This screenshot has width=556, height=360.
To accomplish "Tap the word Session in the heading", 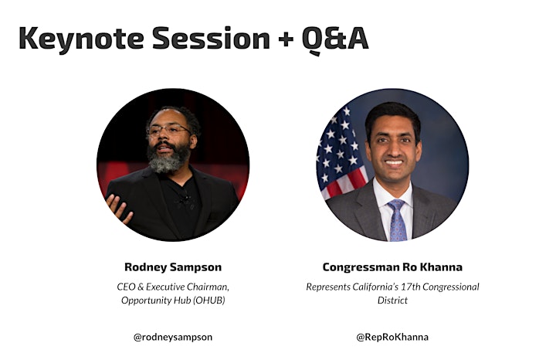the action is [212, 38].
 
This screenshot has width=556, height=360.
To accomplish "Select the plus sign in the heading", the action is [286, 39].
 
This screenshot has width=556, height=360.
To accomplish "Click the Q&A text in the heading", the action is [335, 39].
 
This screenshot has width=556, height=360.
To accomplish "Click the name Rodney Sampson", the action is [173, 267].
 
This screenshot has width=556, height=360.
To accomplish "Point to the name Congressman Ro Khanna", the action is [392, 267].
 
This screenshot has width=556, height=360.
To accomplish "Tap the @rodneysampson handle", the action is [173, 337].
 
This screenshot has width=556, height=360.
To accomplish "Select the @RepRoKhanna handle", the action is [392, 337].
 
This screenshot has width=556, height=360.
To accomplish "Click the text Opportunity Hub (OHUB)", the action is [173, 301].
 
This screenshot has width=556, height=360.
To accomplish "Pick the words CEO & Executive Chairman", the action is [173, 287].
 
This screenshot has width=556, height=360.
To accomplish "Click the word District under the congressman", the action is [392, 301].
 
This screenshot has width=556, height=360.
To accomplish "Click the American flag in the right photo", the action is [340, 152].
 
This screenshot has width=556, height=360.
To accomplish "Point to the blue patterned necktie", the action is [398, 220].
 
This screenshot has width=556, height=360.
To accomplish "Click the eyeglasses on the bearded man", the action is [169, 130].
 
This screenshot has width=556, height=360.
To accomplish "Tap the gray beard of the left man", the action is [168, 159].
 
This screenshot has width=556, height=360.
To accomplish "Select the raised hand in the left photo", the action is [118, 209].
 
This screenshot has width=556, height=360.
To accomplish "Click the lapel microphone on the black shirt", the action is [184, 197].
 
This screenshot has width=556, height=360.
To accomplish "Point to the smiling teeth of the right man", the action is [394, 163].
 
